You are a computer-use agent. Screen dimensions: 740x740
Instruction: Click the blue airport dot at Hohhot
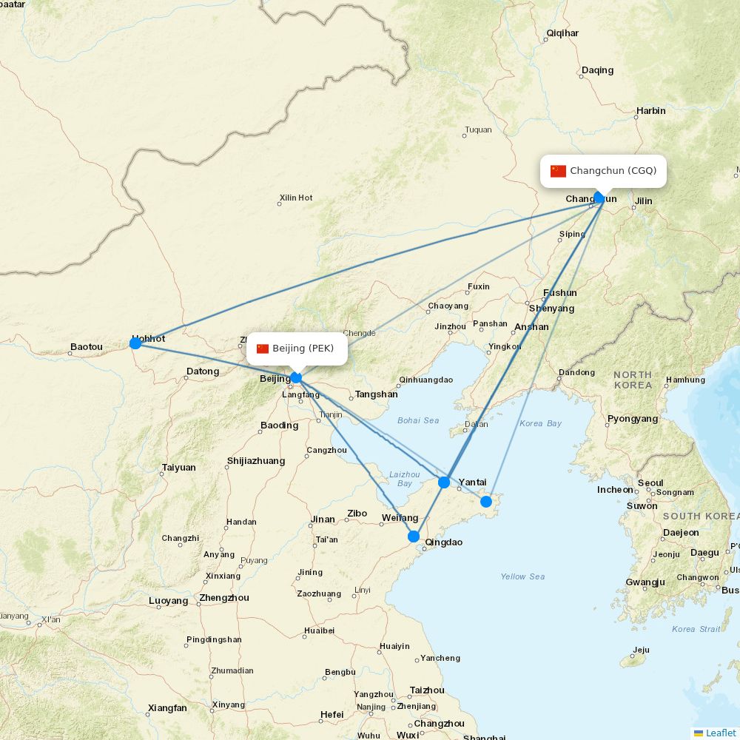135,343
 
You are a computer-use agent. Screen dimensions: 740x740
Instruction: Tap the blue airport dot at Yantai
444,482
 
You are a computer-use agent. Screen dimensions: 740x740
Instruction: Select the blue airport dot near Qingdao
414,536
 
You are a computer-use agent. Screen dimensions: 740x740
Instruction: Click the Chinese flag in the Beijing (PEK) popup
263,349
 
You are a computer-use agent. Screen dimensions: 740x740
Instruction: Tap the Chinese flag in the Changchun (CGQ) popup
558,171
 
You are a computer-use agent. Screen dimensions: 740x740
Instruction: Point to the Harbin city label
651,111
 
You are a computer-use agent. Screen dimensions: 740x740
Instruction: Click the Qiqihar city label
562,33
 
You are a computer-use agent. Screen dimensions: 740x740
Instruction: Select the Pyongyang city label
633,419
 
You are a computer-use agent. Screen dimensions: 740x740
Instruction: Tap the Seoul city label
650,483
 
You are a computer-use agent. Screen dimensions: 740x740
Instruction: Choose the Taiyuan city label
179,468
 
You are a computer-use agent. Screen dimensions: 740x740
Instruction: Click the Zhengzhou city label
224,598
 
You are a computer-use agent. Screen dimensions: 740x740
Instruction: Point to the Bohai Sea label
418,421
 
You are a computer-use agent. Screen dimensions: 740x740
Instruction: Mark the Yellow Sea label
522,576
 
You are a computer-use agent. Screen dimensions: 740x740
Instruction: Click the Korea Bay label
540,424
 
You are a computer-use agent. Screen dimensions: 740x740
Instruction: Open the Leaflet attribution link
720,733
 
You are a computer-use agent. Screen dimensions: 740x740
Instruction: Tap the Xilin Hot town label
296,198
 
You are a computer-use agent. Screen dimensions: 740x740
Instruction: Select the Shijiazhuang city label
256,461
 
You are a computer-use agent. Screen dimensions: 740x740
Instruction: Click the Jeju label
641,650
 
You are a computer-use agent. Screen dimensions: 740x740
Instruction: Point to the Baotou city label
87,347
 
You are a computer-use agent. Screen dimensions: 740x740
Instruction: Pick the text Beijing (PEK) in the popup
303,349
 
